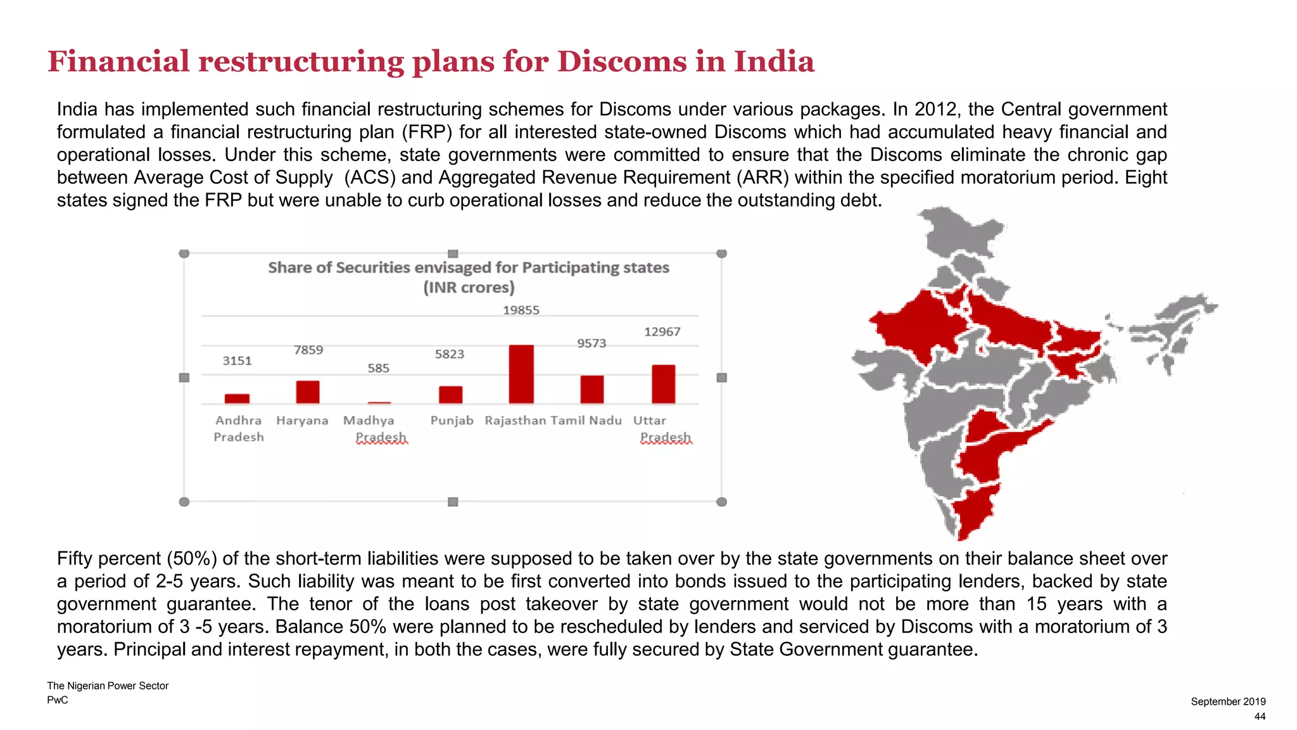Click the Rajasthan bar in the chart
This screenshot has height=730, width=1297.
pyautogui.click(x=521, y=374)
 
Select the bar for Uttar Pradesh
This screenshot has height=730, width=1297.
pyautogui.click(x=663, y=384)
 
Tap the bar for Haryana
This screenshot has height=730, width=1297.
pyautogui.click(x=308, y=392)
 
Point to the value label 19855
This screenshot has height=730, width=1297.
pyautogui.click(x=521, y=310)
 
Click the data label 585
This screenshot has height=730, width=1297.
pyautogui.click(x=379, y=368)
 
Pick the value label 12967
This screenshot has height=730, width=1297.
pyautogui.click(x=662, y=331)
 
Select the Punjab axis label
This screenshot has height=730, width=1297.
pyautogui.click(x=452, y=420)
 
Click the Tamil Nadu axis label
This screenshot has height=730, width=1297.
pyautogui.click(x=586, y=420)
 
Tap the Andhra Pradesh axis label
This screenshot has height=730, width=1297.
pyautogui.click(x=238, y=428)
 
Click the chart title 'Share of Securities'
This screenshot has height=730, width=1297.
pyautogui.click(x=468, y=267)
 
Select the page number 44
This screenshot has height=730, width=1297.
pyautogui.click(x=1260, y=716)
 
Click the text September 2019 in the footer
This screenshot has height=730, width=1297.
pyautogui.click(x=1228, y=701)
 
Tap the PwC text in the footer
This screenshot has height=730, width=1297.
pyautogui.click(x=58, y=700)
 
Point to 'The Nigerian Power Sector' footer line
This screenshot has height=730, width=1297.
pyautogui.click(x=108, y=686)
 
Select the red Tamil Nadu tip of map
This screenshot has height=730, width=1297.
pyautogui.click(x=972, y=513)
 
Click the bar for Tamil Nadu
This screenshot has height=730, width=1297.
pyautogui.click(x=592, y=389)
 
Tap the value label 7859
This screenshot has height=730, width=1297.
pyautogui.click(x=308, y=350)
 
